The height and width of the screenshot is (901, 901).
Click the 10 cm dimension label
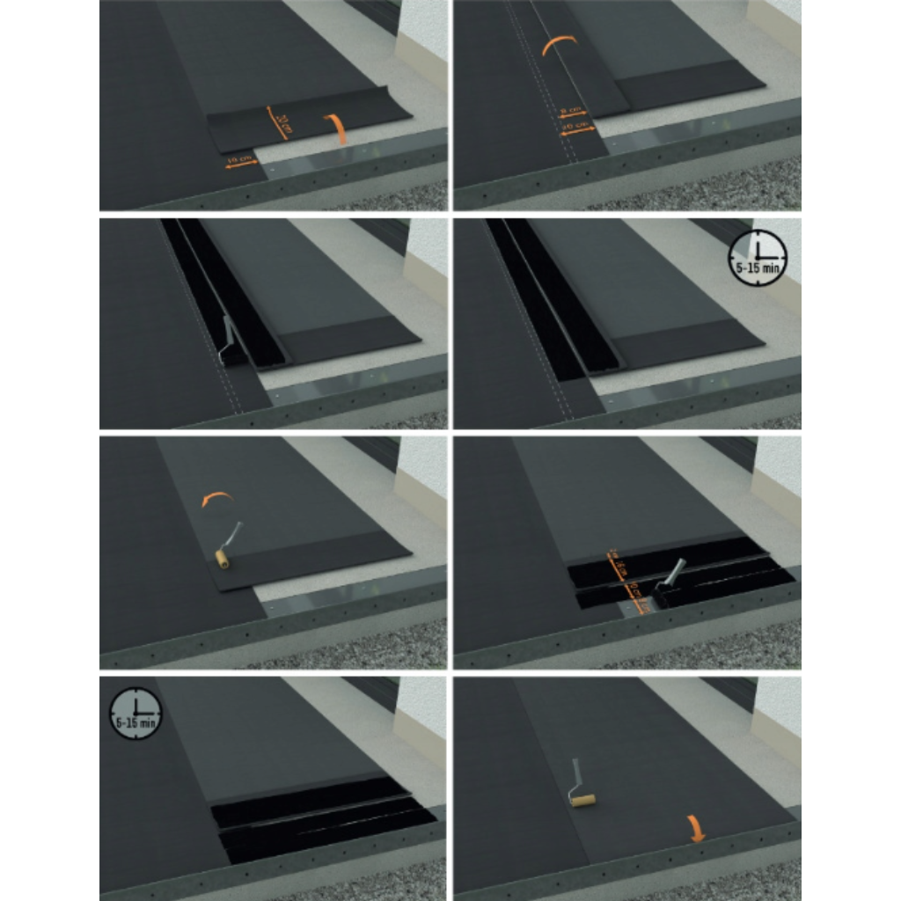239,160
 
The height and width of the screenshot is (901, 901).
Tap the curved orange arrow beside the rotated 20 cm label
336,128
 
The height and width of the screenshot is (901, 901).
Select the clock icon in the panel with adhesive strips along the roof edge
136,713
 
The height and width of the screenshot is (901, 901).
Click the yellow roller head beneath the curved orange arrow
224,558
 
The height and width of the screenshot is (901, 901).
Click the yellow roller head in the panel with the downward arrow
582,800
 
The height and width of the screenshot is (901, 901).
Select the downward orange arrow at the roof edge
697,828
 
